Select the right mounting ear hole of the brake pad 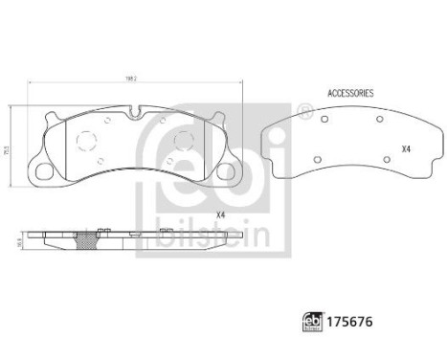(x=229, y=172)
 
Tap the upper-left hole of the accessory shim (x=324, y=120)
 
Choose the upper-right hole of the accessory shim (x=380, y=119)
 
